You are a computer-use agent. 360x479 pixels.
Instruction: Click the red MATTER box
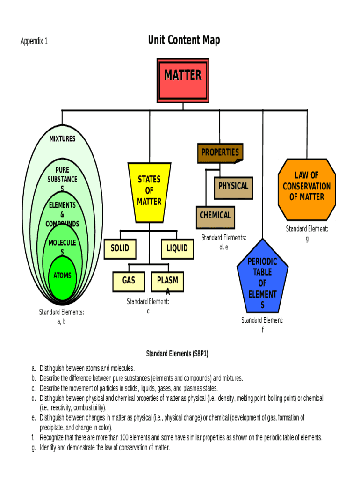182,80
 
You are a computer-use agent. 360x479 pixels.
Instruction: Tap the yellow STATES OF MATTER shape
149,192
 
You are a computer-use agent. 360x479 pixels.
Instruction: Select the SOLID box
120,248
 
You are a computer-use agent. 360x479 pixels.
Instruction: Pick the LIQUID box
177,248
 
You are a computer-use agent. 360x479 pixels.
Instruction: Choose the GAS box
129,280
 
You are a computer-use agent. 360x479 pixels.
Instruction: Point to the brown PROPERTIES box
220,152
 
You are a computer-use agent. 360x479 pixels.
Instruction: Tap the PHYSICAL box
233,186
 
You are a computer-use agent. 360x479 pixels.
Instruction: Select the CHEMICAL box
215,216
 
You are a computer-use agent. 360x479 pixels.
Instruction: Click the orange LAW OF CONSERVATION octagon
306,189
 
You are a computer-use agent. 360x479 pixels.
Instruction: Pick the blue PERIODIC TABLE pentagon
262,279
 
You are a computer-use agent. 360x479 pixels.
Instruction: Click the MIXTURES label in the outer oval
62,139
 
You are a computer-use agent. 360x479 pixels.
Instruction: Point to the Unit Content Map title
184,40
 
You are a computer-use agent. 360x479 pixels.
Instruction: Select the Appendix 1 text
34,41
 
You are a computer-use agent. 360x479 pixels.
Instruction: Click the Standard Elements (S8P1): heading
178,354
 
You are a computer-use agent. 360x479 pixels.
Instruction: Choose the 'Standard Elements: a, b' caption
61,316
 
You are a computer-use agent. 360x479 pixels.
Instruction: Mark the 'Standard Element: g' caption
307,233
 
